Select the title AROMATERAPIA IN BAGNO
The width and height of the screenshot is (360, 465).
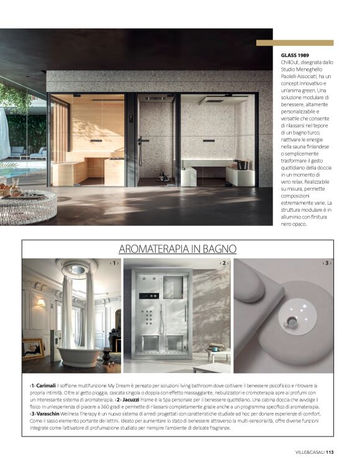click(178, 249)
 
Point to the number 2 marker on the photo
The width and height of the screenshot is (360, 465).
click(223, 263)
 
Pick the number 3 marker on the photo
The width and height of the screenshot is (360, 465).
click(327, 263)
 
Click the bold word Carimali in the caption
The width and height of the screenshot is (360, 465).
click(45, 386)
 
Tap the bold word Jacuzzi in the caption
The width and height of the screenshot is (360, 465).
click(132, 399)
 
